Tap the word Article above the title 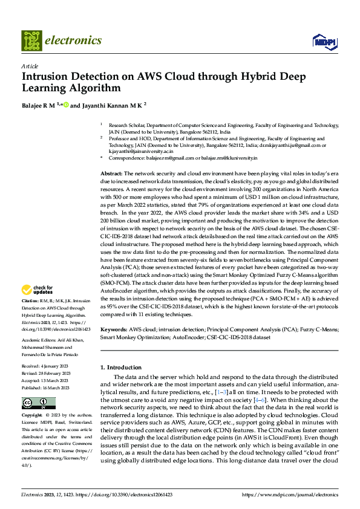[30, 66]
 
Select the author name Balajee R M [39, 105]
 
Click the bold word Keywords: [114, 330]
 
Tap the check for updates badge [39, 290]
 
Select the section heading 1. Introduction [120, 367]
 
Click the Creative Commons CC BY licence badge [38, 403]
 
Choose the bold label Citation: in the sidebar [31, 300]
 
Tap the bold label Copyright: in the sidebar [33, 416]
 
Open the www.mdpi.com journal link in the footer [290, 494]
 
